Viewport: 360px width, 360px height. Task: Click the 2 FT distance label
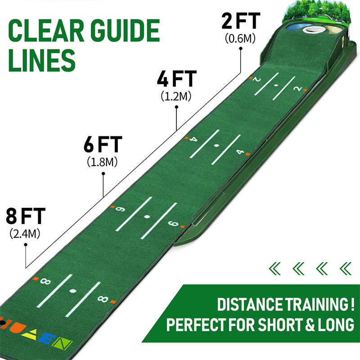pos(241,21)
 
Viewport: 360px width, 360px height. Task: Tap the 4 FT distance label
pos(176,79)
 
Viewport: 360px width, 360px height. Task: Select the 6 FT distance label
pos(103,144)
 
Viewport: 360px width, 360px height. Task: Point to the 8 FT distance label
pos(26,216)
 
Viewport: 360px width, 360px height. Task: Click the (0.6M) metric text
pos(240,38)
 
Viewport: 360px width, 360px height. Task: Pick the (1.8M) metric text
pos(102,162)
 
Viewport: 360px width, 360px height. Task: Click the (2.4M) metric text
pos(25,234)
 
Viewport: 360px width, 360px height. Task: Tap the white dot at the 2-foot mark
pos(276,85)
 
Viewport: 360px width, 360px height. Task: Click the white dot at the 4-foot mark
pos(216,145)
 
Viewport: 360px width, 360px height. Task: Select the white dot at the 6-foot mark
pos(147,216)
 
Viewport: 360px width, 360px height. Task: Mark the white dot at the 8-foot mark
pos(73,291)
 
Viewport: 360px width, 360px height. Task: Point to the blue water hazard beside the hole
pos(296,27)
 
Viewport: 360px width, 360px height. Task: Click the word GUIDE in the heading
pos(125,31)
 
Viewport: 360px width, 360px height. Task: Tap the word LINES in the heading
pos(42,60)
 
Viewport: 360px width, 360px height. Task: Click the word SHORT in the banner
pos(280,324)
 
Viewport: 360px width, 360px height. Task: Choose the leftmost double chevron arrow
pos(274,269)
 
